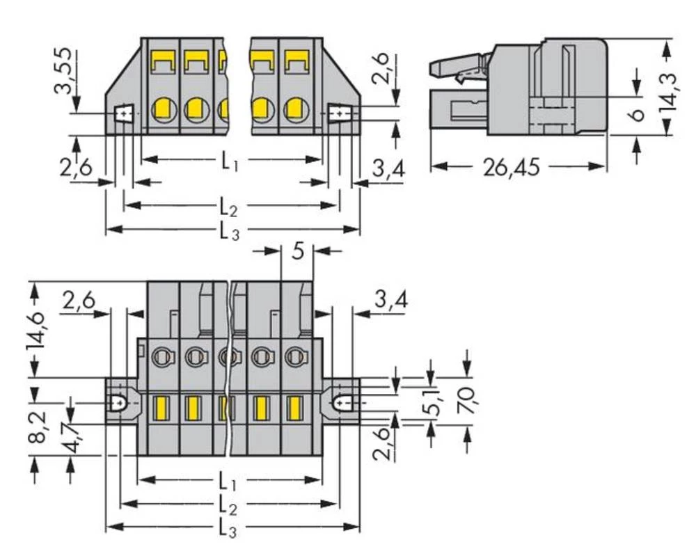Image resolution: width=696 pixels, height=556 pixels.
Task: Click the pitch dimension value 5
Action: point(297,251)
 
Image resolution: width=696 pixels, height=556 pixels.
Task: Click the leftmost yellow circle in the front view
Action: point(163,109)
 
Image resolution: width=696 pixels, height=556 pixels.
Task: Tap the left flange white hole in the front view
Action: point(123,112)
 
